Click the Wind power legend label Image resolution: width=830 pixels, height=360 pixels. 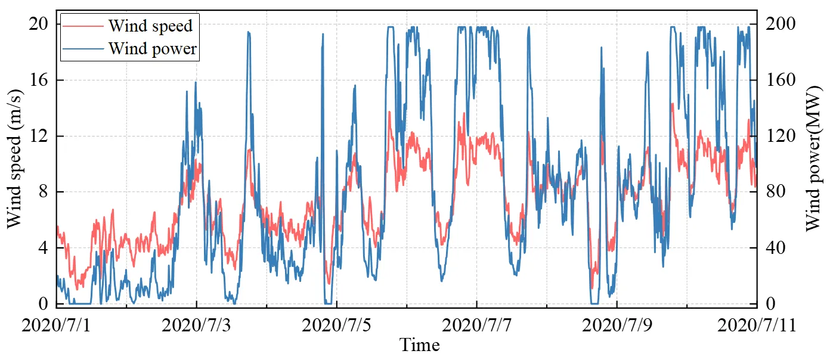pyautogui.click(x=152, y=48)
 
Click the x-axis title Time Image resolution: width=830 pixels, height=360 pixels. pyautogui.click(x=419, y=345)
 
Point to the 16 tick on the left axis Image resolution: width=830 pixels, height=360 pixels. pyautogui.click(x=39, y=80)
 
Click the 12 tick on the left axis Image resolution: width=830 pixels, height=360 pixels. pyautogui.click(x=39, y=136)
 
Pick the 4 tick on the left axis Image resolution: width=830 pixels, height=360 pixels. pyautogui.click(x=44, y=248)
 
